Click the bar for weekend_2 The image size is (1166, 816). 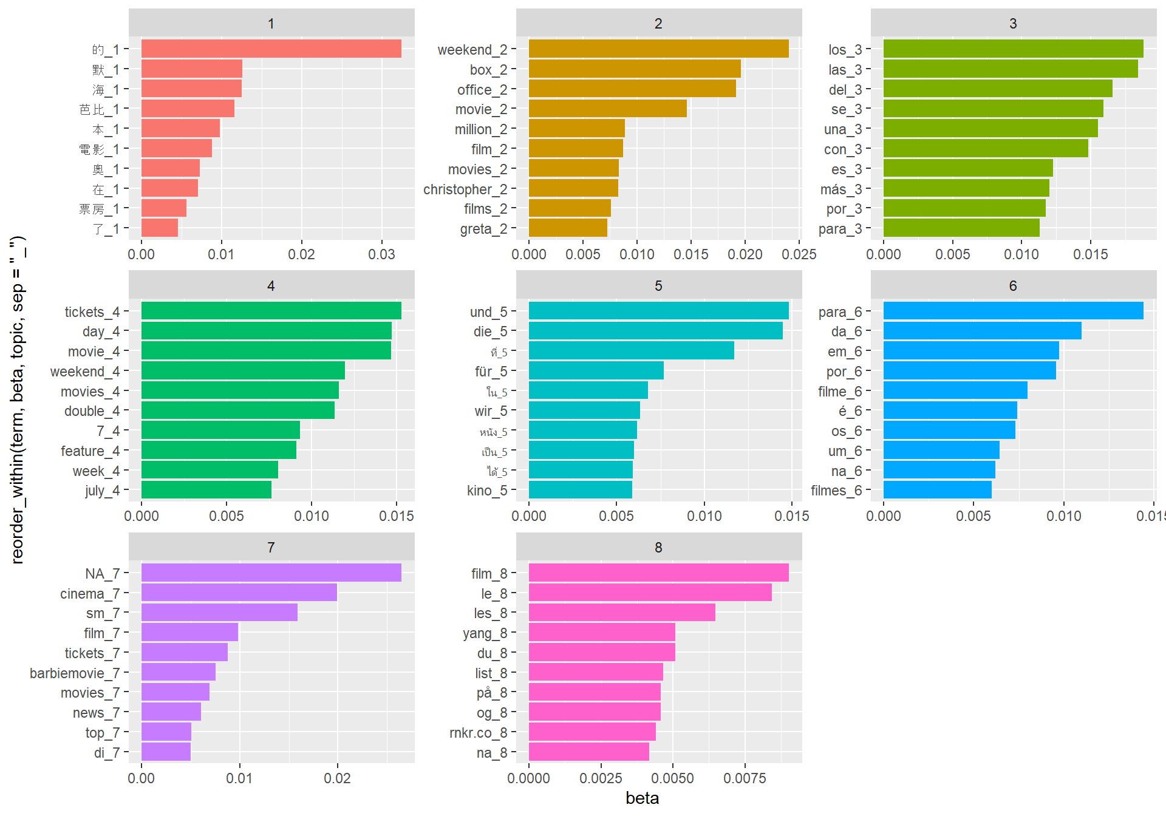pos(658,49)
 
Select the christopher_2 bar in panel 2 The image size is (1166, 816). pos(573,189)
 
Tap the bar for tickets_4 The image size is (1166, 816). pos(271,311)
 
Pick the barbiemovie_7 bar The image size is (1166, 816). pos(179,672)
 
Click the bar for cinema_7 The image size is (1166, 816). pos(239,593)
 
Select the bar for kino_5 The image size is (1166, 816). pos(580,490)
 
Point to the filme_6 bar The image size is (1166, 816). pos(955,390)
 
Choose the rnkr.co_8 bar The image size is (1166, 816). pos(592,732)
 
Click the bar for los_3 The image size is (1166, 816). pos(1013,49)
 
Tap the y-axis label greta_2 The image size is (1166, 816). pos(483,229)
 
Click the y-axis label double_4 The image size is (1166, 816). pos(92,411)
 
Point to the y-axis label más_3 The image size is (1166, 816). pos(840,189)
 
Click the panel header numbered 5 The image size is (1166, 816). pos(658,285)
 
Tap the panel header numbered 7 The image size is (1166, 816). pos(271,547)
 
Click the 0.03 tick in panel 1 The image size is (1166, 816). pos(381,254)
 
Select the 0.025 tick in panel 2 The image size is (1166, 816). pos(799,254)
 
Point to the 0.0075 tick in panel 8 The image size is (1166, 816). pos(745,778)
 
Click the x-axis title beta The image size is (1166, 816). pos(642,798)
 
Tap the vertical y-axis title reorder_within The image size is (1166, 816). pos(18,401)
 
